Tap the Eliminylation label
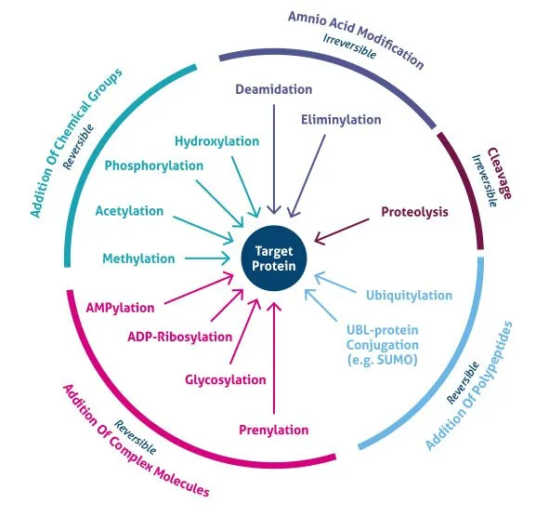341,119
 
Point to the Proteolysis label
414,212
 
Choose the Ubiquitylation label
408,296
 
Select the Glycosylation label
227,379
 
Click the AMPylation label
120,306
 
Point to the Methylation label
138,258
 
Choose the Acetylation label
129,211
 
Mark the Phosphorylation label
153,166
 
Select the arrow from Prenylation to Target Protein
273,358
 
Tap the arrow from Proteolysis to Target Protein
346,228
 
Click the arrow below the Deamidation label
273,158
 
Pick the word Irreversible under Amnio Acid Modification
350,47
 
